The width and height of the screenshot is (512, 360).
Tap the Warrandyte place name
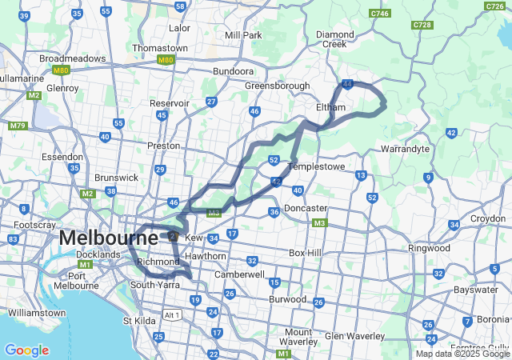click(x=406, y=149)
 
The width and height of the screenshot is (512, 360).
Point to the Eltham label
click(x=330, y=107)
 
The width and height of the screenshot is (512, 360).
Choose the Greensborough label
click(x=276, y=86)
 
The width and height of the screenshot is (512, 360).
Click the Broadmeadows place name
click(x=73, y=58)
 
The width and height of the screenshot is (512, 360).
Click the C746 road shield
click(x=381, y=13)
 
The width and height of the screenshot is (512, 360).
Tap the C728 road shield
click(x=422, y=26)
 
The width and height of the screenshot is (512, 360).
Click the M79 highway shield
click(x=17, y=126)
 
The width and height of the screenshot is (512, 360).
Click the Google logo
click(x=26, y=350)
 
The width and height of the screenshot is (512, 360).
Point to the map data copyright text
click(x=462, y=354)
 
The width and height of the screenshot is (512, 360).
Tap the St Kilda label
click(x=138, y=321)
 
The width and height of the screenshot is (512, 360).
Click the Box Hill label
click(x=304, y=253)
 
